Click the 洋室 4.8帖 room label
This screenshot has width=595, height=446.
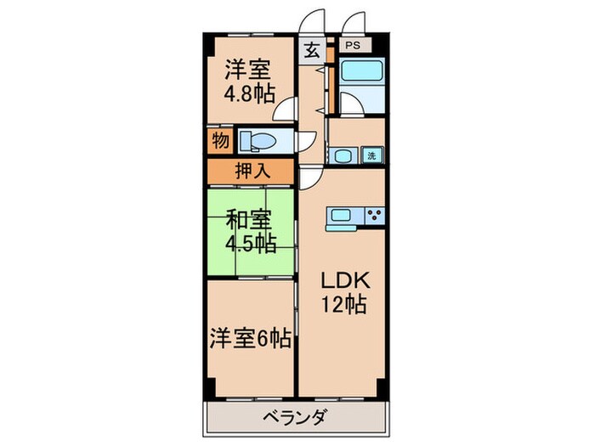[x=249, y=80]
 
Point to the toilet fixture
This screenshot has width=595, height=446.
[x=258, y=140]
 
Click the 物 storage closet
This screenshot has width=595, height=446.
[x=219, y=141]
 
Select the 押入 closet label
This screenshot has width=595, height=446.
[x=252, y=170]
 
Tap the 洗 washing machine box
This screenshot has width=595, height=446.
[x=371, y=155]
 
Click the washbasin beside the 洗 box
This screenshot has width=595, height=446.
[x=342, y=155]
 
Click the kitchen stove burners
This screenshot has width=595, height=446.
[x=374, y=218]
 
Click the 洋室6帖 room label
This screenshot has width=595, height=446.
[x=251, y=340]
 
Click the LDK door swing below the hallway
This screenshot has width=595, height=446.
[x=310, y=178]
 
